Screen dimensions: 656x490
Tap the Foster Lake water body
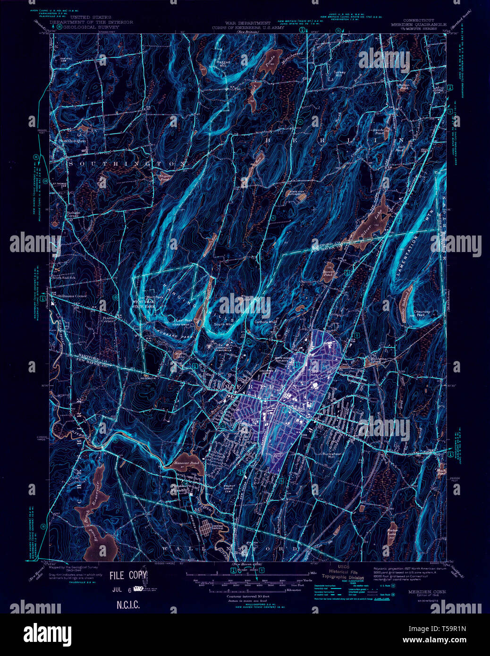(391, 531)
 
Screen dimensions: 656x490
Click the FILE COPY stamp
(128, 575)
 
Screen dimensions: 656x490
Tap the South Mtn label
(222, 324)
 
